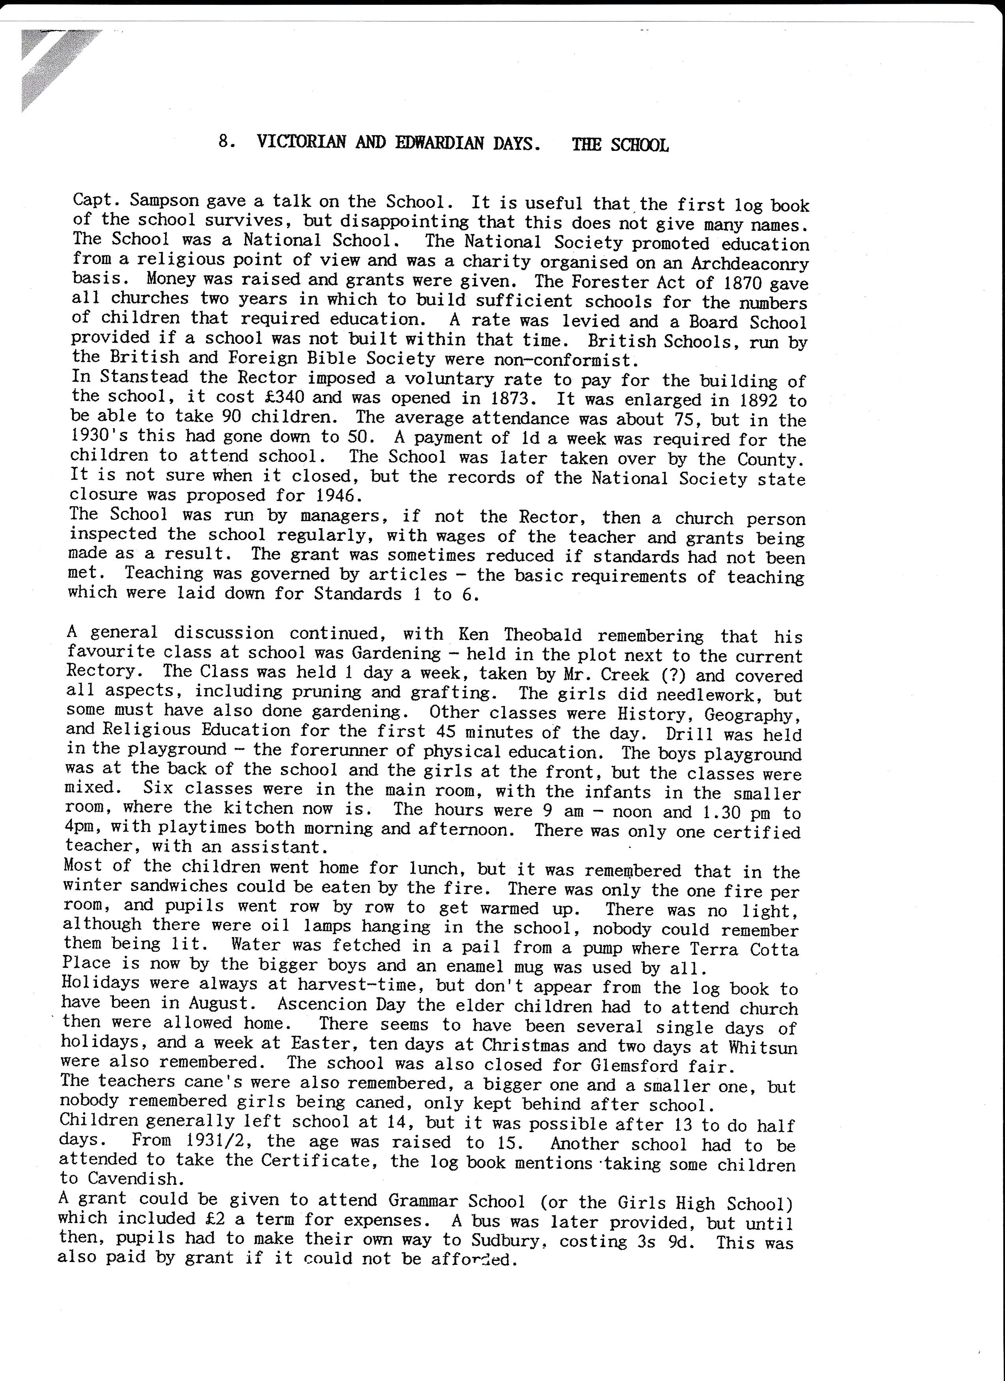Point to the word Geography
[753, 715]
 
